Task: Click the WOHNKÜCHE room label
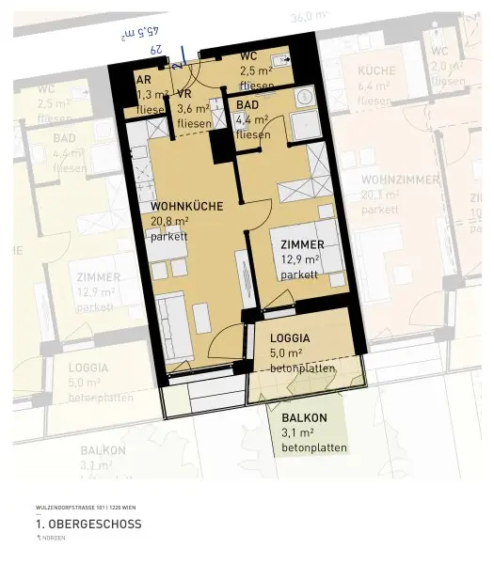pos(184,205)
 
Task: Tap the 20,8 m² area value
pos(170,221)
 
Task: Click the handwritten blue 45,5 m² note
pos(140,34)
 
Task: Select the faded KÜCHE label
pos(376,70)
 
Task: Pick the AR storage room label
pos(144,81)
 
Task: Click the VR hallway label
pos(184,95)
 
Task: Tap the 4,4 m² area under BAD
pos(252,119)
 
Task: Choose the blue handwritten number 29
pos(157,49)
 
